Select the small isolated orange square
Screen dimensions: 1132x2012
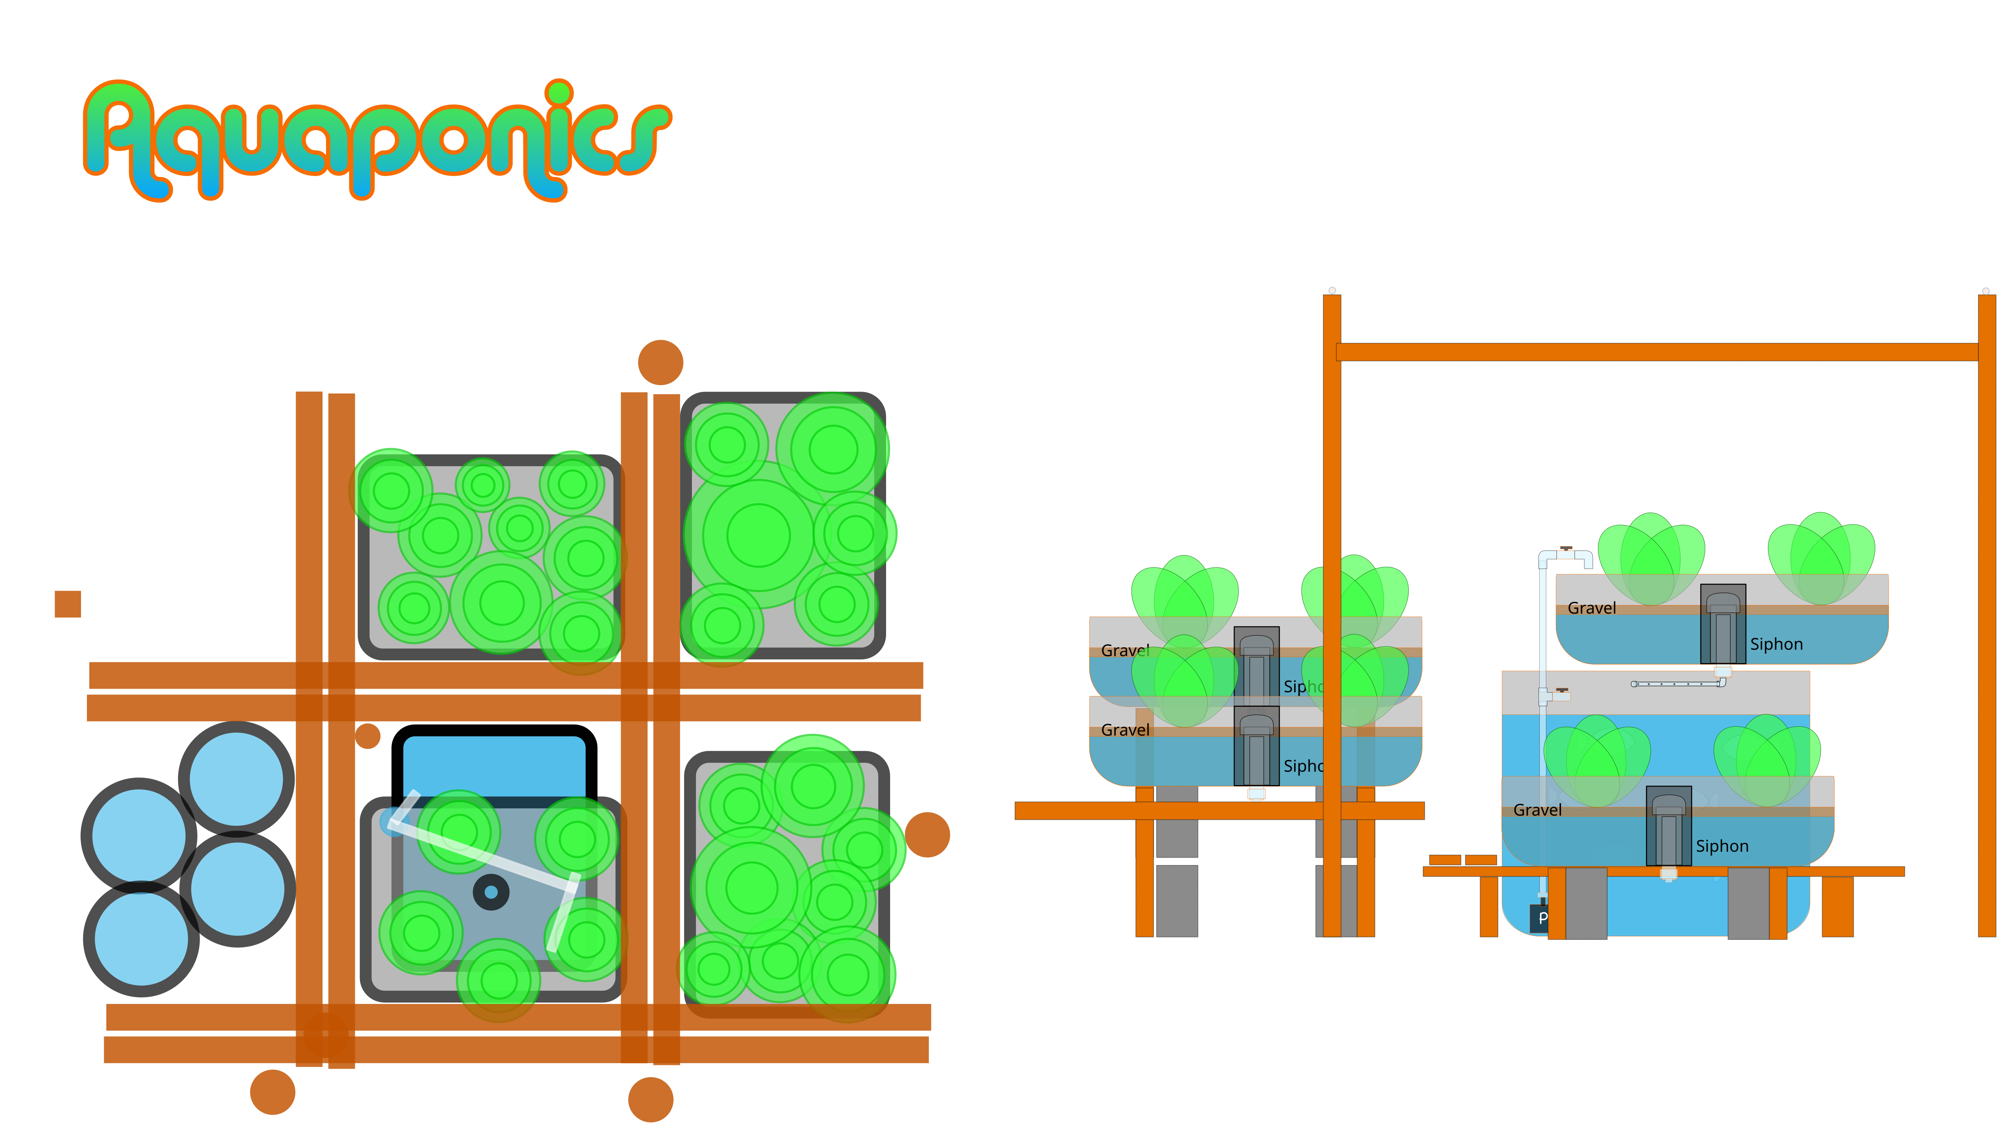[68, 604]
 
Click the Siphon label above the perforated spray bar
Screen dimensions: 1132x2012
[1776, 645]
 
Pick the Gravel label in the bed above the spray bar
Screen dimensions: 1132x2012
[1591, 608]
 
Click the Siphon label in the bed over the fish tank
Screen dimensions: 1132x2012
[1721, 846]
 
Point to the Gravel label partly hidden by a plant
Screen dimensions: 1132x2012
[1125, 650]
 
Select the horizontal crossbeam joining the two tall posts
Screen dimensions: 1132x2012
[1656, 352]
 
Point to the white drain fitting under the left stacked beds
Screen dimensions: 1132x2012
[1256, 794]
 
